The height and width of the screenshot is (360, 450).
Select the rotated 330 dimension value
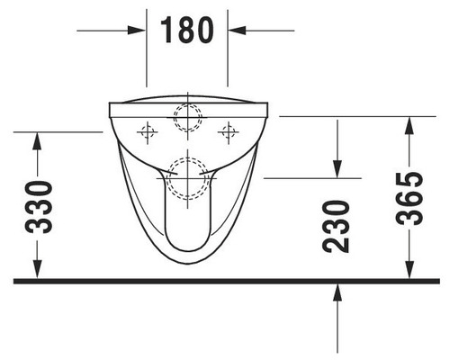(x=38, y=206)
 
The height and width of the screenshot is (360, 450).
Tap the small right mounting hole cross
(x=228, y=133)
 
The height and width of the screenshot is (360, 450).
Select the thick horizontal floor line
(x=225, y=281)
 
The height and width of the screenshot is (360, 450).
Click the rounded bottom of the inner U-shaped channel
(x=187, y=247)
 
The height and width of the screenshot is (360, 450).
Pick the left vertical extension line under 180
(x=148, y=54)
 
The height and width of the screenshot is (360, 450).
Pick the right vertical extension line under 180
(x=228, y=54)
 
